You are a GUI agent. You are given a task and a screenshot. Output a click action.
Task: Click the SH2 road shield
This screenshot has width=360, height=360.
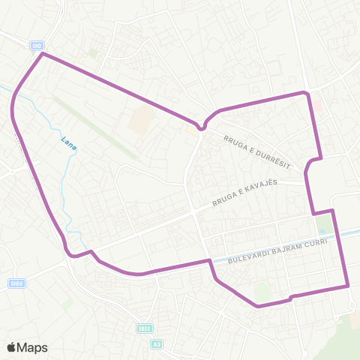pyautogui.click(x=37, y=46)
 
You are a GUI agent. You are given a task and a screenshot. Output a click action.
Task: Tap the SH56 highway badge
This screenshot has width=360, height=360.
pyautogui.click(x=16, y=283)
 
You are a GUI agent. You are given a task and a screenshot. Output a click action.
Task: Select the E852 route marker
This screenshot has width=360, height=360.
pyautogui.click(x=145, y=328)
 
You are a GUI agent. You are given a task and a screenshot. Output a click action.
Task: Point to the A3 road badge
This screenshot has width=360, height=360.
pyautogui.click(x=156, y=344)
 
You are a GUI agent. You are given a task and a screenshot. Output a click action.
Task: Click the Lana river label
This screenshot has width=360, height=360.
pyautogui.click(x=69, y=144)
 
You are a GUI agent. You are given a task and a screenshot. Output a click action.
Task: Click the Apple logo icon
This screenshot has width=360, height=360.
pyautogui.click(x=11, y=347)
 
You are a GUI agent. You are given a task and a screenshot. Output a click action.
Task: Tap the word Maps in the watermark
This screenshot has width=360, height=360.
pyautogui.click(x=33, y=347)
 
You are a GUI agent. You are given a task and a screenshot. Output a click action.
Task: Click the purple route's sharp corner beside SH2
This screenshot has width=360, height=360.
pyautogui.click(x=43, y=54)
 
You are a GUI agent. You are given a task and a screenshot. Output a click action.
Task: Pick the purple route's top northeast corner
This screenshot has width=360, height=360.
pyautogui.click(x=306, y=92)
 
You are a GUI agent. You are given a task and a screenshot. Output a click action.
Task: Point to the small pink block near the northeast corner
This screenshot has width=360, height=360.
pyautogui.click(x=316, y=106)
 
